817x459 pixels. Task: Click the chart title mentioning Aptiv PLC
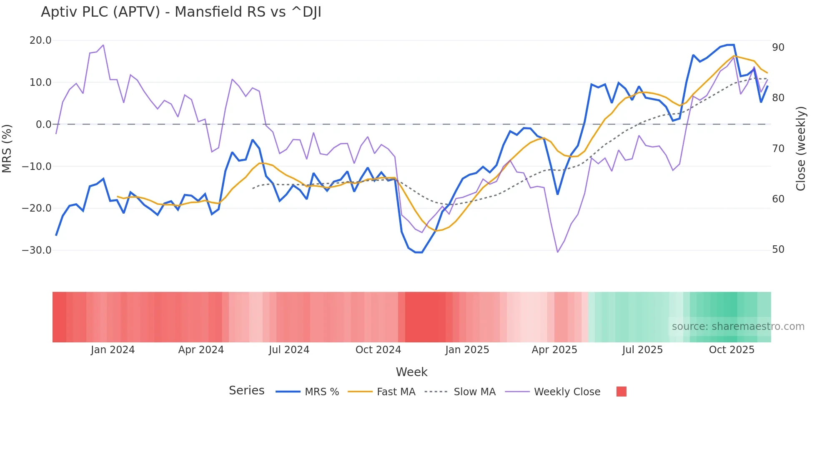[181, 12]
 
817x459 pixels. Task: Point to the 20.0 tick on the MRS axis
[40, 40]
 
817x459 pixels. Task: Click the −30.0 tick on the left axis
[37, 250]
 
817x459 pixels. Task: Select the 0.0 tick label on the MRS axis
[43, 125]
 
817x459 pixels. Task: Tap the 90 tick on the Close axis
[778, 47]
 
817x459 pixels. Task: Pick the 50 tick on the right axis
[778, 249]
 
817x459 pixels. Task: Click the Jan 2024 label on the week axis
[113, 350]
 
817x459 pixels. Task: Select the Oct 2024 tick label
[378, 350]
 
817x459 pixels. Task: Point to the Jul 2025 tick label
[642, 350]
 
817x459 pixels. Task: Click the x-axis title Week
[411, 372]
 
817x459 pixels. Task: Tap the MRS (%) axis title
[7, 148]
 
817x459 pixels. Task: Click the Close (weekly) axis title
[801, 149]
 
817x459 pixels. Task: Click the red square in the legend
[621, 392]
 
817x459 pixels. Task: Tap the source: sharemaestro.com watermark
[738, 327]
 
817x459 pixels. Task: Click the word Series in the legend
[246, 391]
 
